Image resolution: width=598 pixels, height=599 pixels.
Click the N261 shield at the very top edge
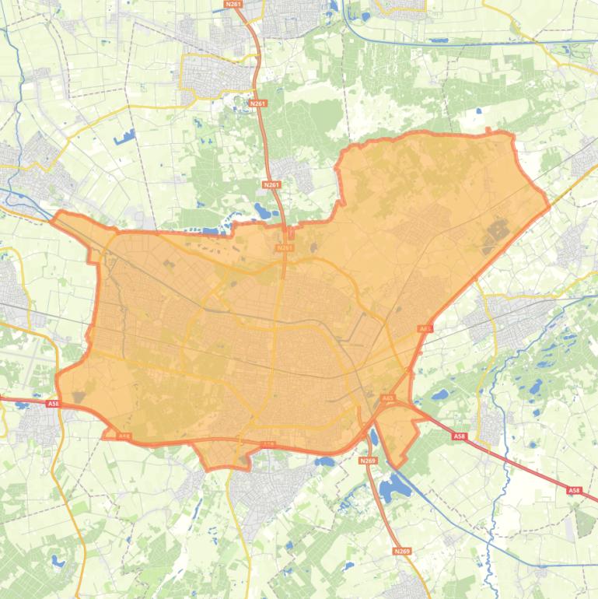pos(233,4)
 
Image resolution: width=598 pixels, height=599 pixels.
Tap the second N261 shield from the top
pos(258,103)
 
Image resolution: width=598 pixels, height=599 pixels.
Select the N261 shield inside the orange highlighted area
pos(285,248)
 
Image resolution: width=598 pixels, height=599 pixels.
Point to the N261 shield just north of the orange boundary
pos(271,184)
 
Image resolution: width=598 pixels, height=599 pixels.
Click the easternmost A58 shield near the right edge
pos(574,490)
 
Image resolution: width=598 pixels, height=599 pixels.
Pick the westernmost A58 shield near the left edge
pos(52,404)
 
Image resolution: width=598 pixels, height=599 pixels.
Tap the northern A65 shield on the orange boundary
pos(425,329)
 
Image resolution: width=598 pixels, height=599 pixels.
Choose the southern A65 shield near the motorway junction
pos(387,398)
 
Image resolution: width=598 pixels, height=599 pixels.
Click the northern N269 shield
pos(369,461)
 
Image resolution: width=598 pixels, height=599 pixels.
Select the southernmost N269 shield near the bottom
pos(401,551)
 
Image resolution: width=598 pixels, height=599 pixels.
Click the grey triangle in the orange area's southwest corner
pos(79,397)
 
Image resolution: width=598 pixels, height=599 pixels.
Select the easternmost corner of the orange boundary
pos(549,207)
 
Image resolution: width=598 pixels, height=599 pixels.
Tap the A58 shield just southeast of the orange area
pos(459,437)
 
